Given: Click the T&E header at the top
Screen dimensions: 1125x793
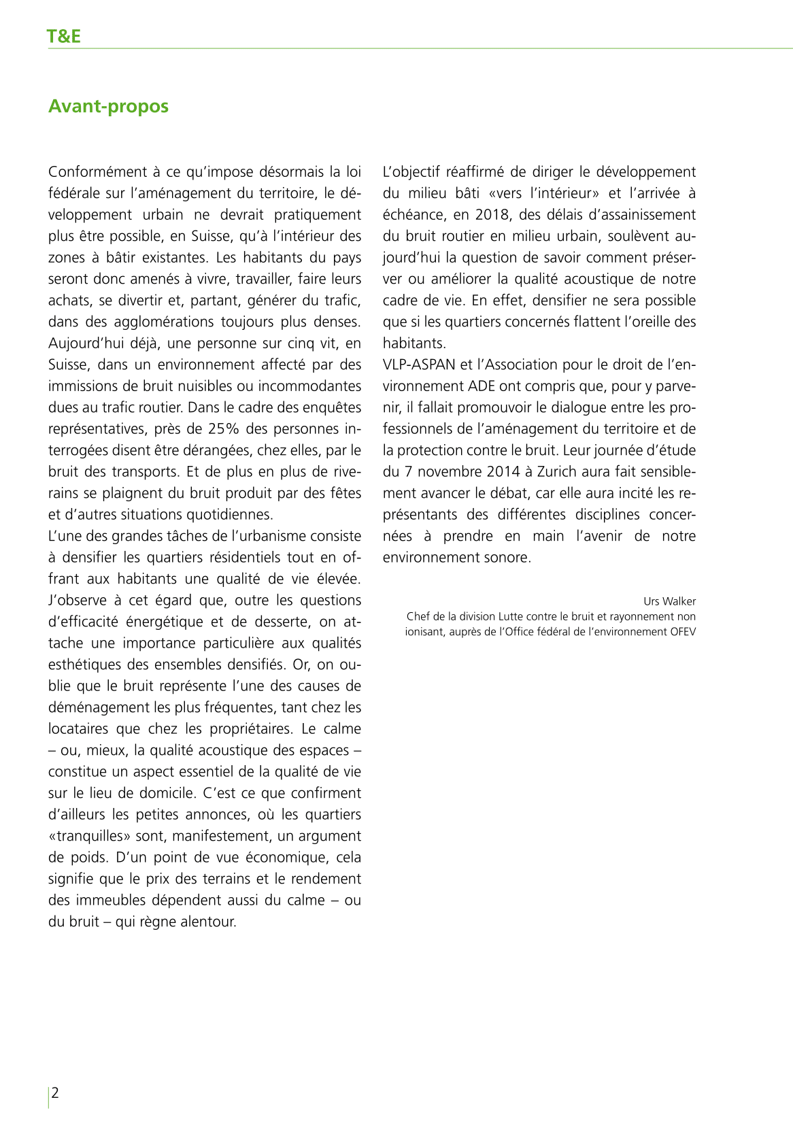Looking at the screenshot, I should [64, 36].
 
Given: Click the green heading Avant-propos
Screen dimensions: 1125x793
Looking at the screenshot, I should [108, 106].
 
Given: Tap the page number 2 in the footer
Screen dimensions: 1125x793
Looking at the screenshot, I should [56, 1092].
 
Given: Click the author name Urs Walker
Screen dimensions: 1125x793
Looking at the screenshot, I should [669, 601].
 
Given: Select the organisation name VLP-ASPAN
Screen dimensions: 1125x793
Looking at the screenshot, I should [419, 365].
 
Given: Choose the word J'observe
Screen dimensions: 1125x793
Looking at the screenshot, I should [77, 601].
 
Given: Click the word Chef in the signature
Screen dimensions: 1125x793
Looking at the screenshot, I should [418, 616].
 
